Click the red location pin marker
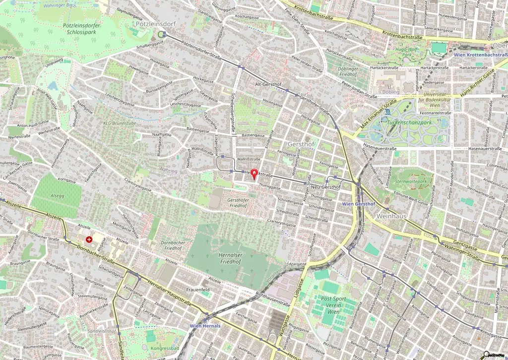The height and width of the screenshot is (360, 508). (254, 174)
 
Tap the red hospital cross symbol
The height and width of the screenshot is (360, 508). (89, 239)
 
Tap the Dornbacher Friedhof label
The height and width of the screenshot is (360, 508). (174, 245)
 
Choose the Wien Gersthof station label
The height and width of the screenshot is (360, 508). (359, 204)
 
